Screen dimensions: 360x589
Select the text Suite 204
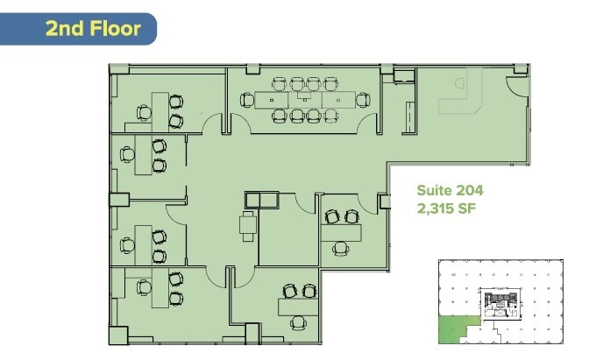[x=450, y=190]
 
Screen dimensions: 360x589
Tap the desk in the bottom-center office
[x=298, y=306]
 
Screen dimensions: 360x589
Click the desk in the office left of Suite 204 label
[x=341, y=231]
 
